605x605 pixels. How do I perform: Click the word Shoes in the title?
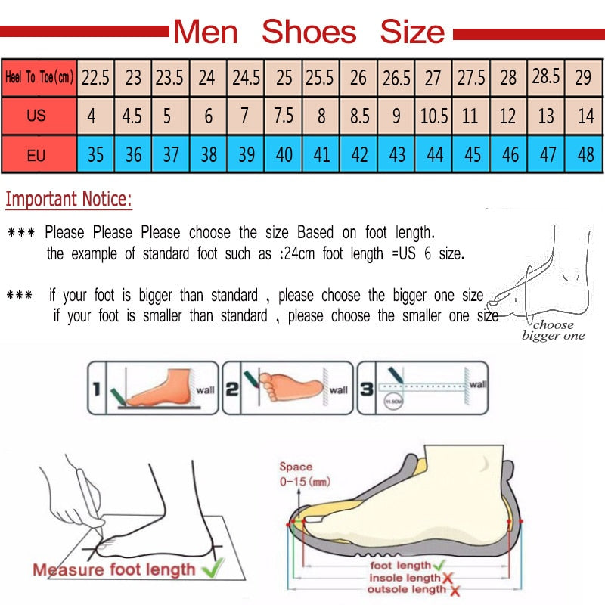pos(309,33)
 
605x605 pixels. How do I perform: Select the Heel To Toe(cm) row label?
pos(39,77)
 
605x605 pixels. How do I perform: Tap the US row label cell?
pos(36,116)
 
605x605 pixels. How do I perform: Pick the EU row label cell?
pos(36,156)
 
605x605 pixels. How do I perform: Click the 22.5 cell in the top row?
pos(96,77)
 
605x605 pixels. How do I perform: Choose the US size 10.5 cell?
pos(433,117)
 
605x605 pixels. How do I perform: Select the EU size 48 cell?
pos(585,155)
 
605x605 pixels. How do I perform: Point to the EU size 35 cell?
pos(96,155)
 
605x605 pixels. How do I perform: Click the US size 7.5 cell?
pos(284,117)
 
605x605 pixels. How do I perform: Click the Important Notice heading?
pos(69,200)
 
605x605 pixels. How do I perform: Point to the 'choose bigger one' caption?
pos(553,330)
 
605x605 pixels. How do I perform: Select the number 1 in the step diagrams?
pos(96,389)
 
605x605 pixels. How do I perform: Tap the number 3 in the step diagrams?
pos(367,389)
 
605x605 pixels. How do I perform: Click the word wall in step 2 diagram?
pos(339,390)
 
